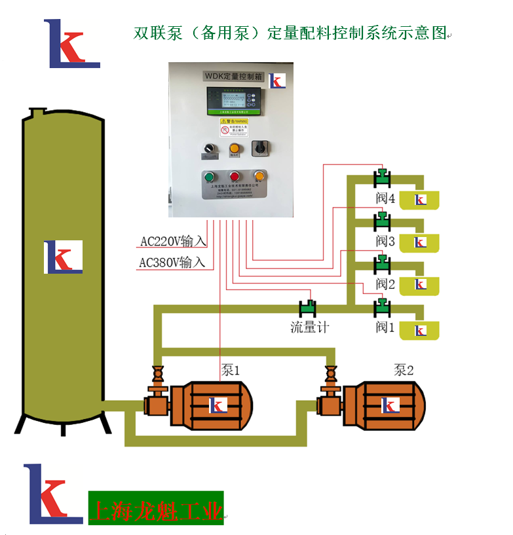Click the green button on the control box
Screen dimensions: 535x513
tap(210, 176)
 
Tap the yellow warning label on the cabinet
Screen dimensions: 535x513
tap(234, 126)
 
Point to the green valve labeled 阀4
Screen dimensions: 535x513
tap(381, 177)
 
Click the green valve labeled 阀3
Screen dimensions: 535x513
tap(381, 220)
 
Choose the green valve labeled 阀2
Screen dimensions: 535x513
tap(381, 263)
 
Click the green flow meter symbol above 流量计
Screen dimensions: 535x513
tap(307, 306)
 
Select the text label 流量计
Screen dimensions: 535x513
tap(309, 326)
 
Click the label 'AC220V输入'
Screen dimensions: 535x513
tap(173, 241)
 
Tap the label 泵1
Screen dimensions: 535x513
tap(231, 371)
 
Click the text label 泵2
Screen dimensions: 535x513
tap(404, 370)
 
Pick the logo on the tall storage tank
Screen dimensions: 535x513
tap(63, 257)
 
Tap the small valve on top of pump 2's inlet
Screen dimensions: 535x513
tap(330, 376)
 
